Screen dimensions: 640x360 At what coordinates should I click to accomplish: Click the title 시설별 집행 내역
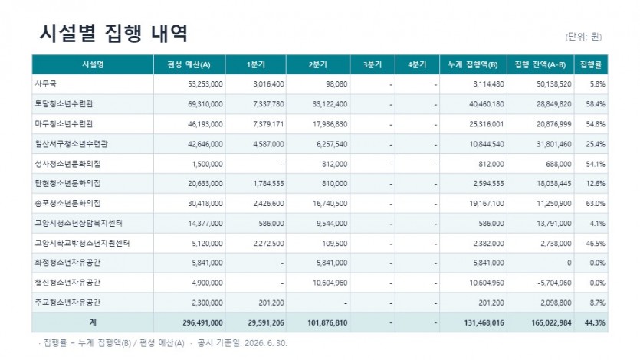click(x=113, y=33)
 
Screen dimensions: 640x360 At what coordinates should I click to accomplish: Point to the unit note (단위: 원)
click(x=583, y=37)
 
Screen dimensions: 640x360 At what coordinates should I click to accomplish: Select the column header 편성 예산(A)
click(x=189, y=65)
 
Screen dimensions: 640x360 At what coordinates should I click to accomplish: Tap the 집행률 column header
click(x=591, y=64)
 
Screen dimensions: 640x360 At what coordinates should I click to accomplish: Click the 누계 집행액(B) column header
click(x=473, y=65)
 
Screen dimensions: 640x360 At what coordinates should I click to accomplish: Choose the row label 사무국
click(x=46, y=84)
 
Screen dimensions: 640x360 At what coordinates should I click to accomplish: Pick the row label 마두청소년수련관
click(x=64, y=123)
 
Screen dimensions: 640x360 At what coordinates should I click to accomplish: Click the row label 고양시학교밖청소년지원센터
click(x=83, y=243)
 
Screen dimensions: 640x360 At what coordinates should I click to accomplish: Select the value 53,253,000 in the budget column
click(x=205, y=84)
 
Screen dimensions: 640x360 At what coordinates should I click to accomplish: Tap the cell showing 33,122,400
click(x=330, y=104)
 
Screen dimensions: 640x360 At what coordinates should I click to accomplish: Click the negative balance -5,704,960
click(x=554, y=283)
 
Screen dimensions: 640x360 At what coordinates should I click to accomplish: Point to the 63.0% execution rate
click(x=596, y=203)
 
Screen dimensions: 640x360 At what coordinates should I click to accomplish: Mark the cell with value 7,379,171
click(x=268, y=124)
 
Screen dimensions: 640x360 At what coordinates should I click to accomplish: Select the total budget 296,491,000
click(x=203, y=323)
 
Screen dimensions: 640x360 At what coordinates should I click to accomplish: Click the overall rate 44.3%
click(x=595, y=323)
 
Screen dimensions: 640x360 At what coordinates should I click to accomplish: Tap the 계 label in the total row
click(x=93, y=322)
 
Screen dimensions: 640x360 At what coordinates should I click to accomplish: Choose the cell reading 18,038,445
click(x=554, y=184)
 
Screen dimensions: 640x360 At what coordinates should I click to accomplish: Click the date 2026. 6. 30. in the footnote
click(x=266, y=343)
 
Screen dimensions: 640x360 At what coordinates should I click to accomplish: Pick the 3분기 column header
click(x=373, y=64)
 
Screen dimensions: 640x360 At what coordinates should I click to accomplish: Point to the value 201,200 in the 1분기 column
click(x=271, y=303)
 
